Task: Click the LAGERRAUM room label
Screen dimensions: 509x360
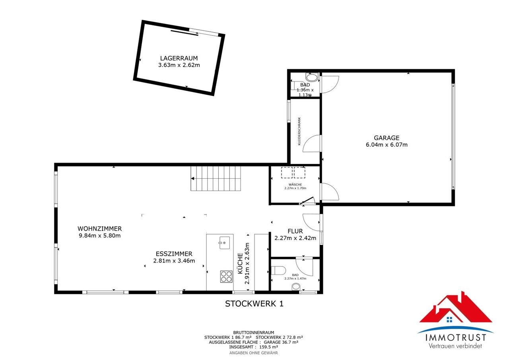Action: pos(179,58)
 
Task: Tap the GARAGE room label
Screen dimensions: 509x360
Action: pos(387,138)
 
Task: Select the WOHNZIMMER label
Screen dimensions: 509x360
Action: pos(99,228)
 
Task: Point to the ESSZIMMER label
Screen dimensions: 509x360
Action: pos(174,254)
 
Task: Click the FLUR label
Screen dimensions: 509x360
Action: pos(295,231)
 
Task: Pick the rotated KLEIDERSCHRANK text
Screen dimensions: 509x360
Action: pos(299,131)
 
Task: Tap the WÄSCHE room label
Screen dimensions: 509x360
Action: pos(295,185)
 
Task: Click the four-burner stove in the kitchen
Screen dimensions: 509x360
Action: pos(226,276)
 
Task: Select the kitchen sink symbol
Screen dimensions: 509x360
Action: pos(225,243)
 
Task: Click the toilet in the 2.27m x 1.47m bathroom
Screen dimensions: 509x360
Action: pos(278,270)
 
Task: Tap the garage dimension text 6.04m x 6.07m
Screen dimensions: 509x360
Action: pos(387,144)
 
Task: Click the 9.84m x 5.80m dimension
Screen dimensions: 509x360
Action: pos(99,235)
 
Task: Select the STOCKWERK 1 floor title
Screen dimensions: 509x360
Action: pos(254,304)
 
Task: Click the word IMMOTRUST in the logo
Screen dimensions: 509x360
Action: pos(456,337)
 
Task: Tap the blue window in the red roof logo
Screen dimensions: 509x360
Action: pos(449,319)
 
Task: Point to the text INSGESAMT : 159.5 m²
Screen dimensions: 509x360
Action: pos(254,347)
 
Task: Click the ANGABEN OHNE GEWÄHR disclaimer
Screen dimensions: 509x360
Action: pos(254,353)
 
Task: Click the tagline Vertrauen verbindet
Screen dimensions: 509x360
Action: pos(455,346)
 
